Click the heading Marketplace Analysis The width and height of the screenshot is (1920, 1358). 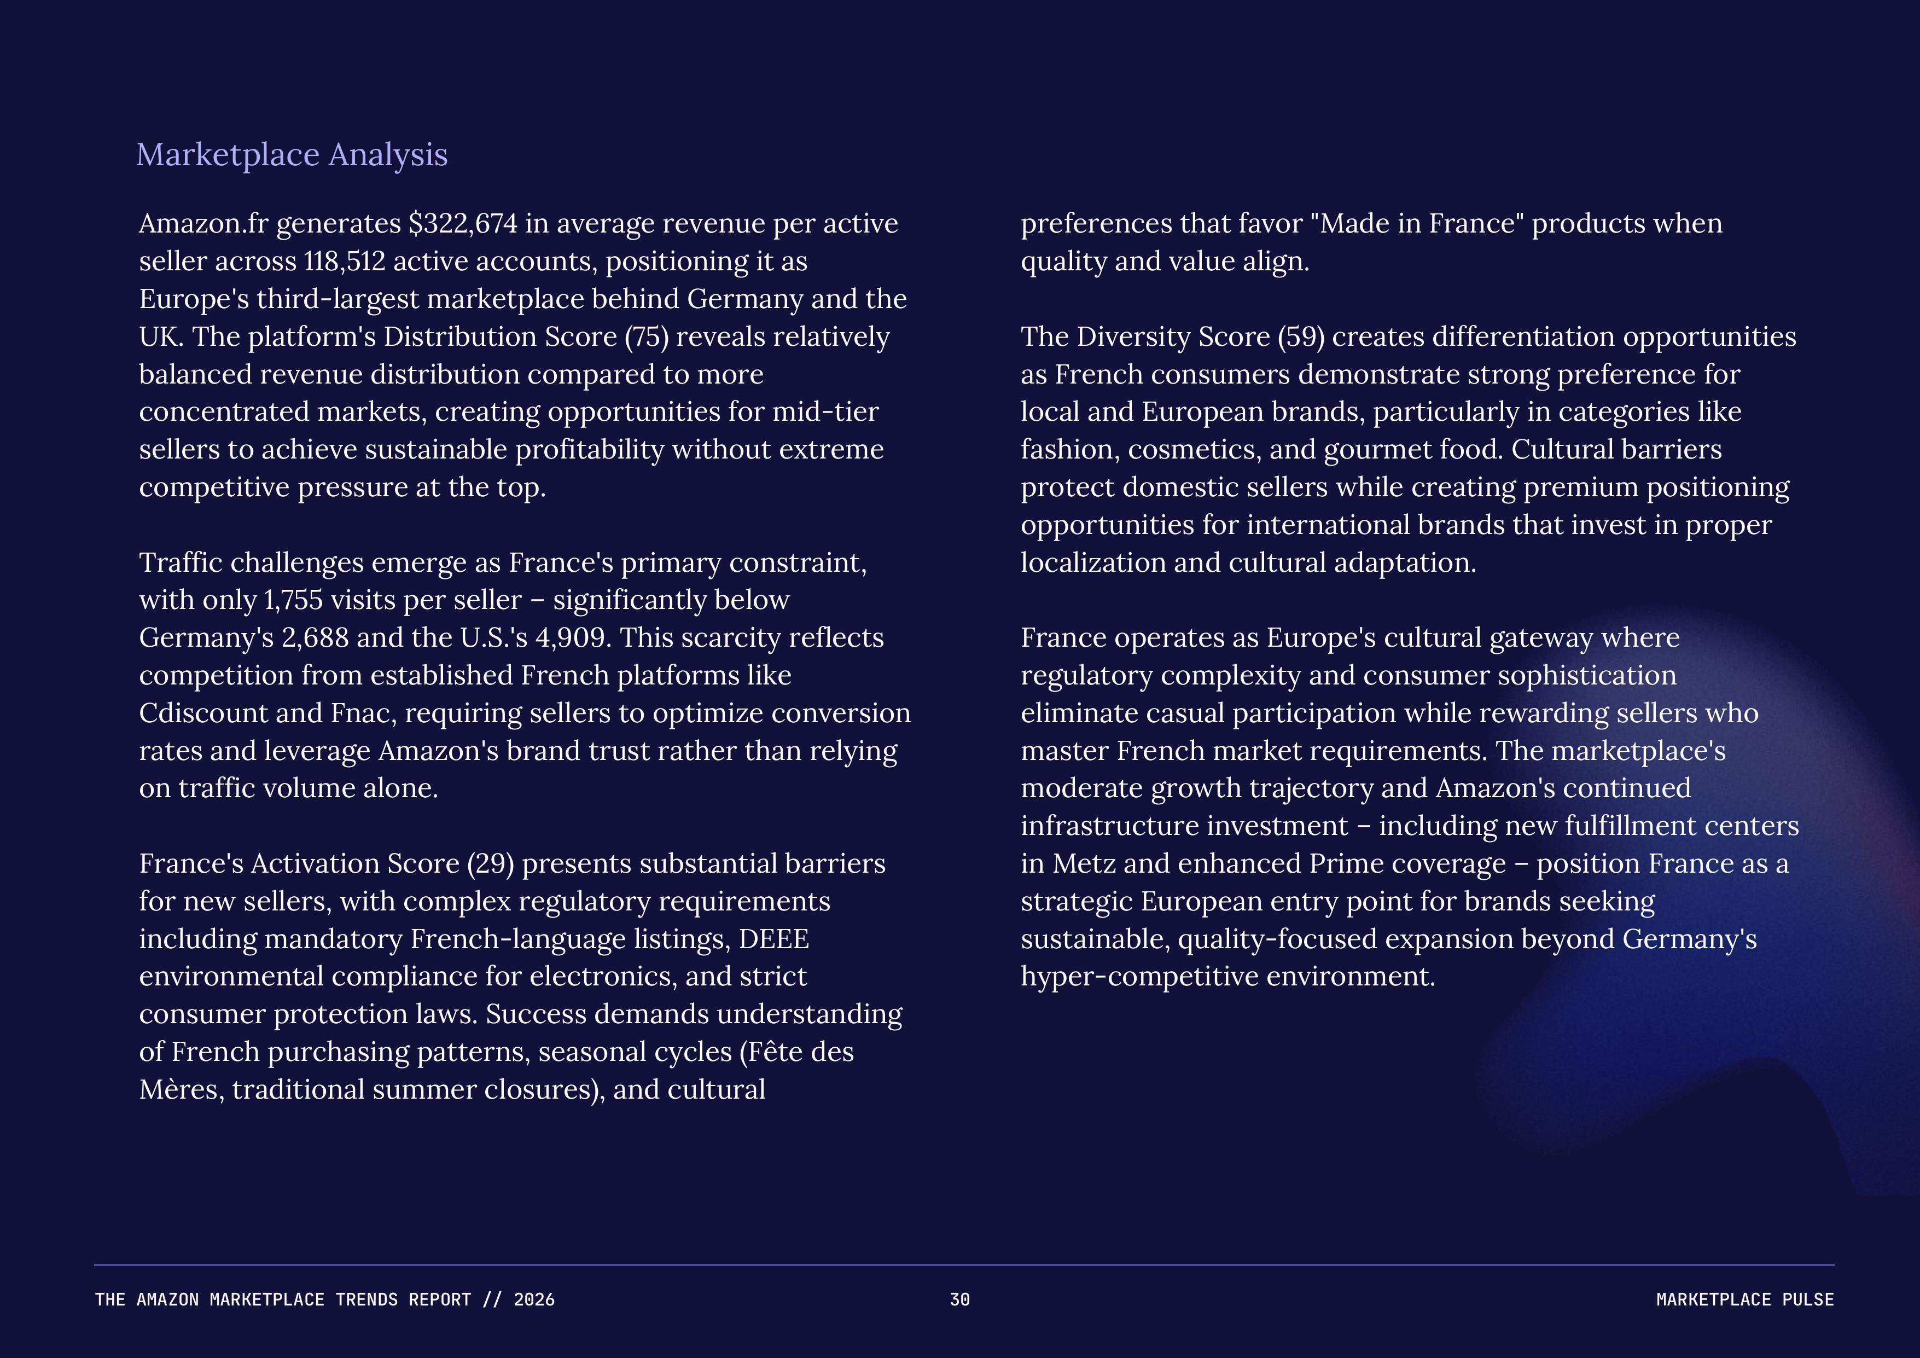click(292, 155)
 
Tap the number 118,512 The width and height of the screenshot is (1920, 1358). click(345, 261)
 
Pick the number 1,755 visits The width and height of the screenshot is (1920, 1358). click(293, 600)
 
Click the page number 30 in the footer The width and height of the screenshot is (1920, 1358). click(960, 1299)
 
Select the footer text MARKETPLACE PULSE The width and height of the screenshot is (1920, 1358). click(1744, 1299)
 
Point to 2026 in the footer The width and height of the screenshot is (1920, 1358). click(533, 1299)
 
